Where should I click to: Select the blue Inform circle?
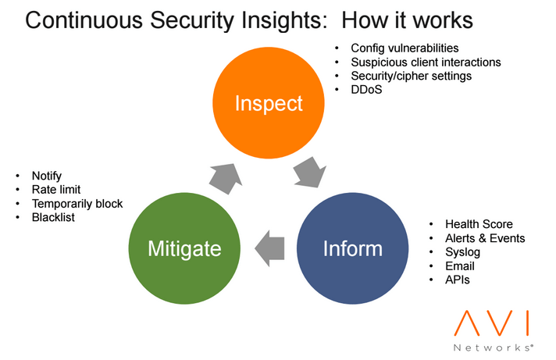click(352, 248)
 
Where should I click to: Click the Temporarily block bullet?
click(77, 203)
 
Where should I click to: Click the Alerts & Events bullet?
click(485, 238)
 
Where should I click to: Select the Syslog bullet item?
click(462, 252)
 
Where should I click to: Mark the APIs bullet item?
click(458, 280)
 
